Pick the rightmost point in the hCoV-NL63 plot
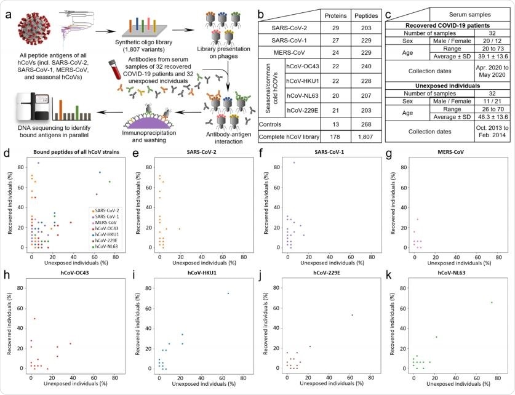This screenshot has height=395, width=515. click(491, 302)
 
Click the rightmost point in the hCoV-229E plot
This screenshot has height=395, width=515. click(352, 315)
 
